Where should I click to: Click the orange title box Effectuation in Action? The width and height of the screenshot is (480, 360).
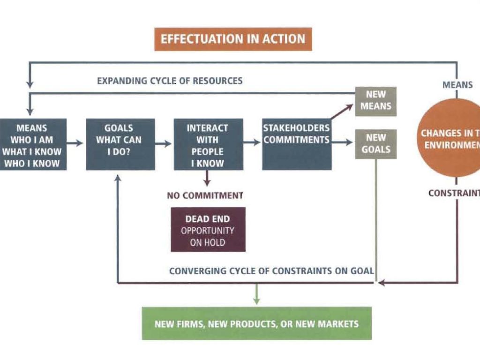pos(233,39)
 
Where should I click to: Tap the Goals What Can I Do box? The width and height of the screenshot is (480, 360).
pos(120,144)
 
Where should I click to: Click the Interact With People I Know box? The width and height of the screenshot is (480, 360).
pos(208,144)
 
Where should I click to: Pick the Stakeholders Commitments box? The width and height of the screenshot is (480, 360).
pos(296,144)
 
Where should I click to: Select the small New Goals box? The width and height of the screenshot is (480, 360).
pos(375,144)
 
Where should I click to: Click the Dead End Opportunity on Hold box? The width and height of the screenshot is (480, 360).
pos(208,230)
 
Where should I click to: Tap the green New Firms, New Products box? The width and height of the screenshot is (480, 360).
pos(256,323)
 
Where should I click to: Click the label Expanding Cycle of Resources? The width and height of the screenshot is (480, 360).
pos(170,81)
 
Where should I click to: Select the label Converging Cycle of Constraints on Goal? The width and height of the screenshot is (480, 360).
pos(271,270)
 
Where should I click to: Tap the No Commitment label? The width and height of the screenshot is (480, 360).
pos(205,195)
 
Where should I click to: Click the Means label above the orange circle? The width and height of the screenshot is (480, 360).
pos(457,85)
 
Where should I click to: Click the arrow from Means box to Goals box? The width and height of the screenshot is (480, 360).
pos(76,143)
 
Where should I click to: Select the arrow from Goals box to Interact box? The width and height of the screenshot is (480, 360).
pos(164,143)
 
